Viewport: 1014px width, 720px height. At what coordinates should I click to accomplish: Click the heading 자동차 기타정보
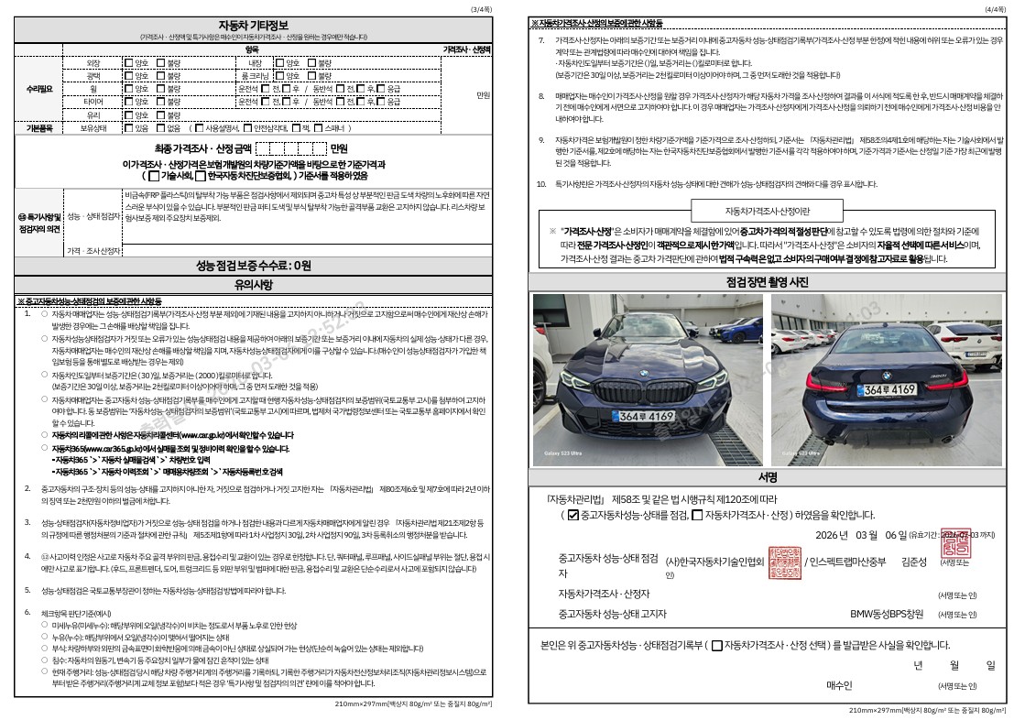(254, 23)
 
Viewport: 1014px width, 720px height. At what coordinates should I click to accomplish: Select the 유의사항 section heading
(254, 284)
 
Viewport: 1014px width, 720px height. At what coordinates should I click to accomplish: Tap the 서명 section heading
(767, 478)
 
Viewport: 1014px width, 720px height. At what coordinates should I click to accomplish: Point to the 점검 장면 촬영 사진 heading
(767, 282)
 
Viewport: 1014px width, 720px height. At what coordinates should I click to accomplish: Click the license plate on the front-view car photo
(648, 417)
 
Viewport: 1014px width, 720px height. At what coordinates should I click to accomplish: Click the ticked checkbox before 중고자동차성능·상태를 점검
(573, 516)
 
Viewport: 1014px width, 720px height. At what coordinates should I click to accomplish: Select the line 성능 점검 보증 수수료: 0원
(254, 266)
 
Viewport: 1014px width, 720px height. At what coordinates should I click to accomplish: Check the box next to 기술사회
(154, 175)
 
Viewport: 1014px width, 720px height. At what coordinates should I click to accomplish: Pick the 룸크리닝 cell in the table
(250, 76)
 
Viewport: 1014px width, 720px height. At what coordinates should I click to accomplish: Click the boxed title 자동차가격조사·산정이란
(767, 211)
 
